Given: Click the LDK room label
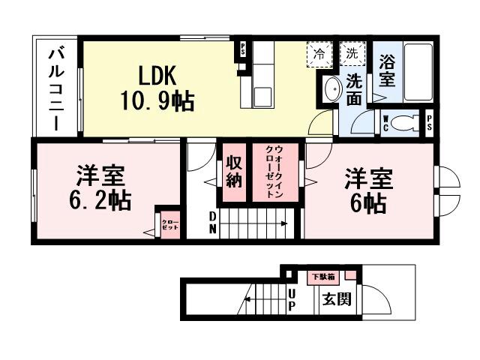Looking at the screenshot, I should [x=156, y=75].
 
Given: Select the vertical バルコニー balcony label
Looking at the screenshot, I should [x=56, y=88].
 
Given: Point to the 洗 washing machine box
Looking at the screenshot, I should [x=351, y=54].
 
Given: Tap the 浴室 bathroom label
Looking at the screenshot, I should [x=387, y=70].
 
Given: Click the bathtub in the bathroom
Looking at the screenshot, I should [x=418, y=73].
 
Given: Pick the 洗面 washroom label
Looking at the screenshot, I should [x=355, y=88].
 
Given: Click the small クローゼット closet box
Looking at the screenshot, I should [x=169, y=223].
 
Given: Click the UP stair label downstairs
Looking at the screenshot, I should [x=291, y=300].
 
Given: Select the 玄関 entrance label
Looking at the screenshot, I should [x=337, y=301].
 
